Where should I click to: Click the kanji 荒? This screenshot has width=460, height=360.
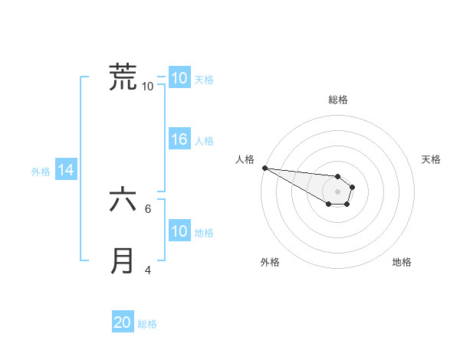tap(123, 77)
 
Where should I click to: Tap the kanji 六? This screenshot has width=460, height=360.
tap(123, 201)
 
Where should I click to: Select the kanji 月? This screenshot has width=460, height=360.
tap(123, 261)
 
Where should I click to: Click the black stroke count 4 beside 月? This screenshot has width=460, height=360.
tap(148, 270)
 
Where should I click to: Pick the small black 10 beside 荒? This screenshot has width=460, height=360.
tap(147, 86)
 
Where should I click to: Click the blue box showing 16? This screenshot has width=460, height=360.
tap(179, 139)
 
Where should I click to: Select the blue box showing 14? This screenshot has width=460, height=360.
tap(66, 171)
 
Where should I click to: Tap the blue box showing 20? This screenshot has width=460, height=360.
tap(123, 322)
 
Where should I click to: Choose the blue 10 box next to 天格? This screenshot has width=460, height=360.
tap(179, 77)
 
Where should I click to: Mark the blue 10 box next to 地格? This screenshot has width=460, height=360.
tap(179, 231)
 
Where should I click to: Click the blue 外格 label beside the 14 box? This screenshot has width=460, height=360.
tap(41, 172)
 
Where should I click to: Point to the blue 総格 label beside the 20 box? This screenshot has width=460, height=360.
tap(147, 324)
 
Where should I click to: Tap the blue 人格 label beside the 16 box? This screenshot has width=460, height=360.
tap(204, 141)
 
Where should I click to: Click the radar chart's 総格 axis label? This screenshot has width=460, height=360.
tap(338, 100)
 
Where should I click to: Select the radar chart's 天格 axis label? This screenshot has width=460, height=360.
tap(432, 159)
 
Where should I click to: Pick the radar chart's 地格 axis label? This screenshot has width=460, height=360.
tap(402, 262)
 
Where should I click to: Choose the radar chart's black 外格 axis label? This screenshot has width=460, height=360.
tap(270, 262)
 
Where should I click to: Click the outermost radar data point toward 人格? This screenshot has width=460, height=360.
tap(264, 168)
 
